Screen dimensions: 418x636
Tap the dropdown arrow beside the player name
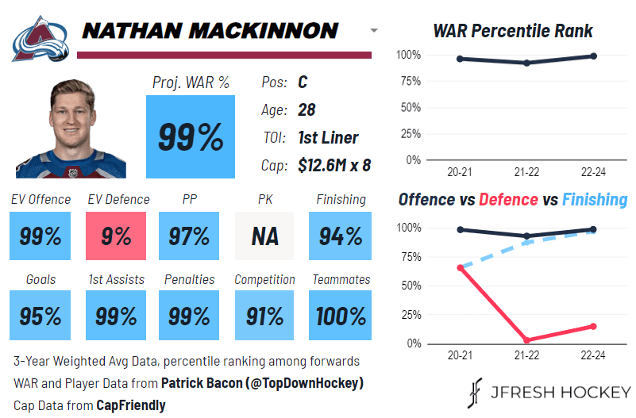pyautogui.click(x=374, y=31)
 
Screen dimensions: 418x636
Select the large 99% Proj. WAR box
pyautogui.click(x=191, y=136)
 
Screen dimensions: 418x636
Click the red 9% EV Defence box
pyautogui.click(x=116, y=236)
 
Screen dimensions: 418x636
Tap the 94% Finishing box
pyautogui.click(x=341, y=236)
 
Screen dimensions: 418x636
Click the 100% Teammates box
pyautogui.click(x=341, y=316)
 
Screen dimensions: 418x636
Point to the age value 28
pyautogui.click(x=307, y=109)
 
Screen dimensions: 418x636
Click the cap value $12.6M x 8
pyautogui.click(x=334, y=165)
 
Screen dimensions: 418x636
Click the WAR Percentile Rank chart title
pyautogui.click(x=513, y=32)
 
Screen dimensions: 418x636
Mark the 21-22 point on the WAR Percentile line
pyautogui.click(x=527, y=63)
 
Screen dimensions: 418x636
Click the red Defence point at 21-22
pyautogui.click(x=527, y=340)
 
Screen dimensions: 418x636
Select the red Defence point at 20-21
pyautogui.click(x=461, y=268)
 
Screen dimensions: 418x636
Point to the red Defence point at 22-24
pyautogui.click(x=593, y=326)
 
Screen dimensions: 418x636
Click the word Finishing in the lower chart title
pyautogui.click(x=595, y=200)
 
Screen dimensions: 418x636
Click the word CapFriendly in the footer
pyautogui.click(x=131, y=405)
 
